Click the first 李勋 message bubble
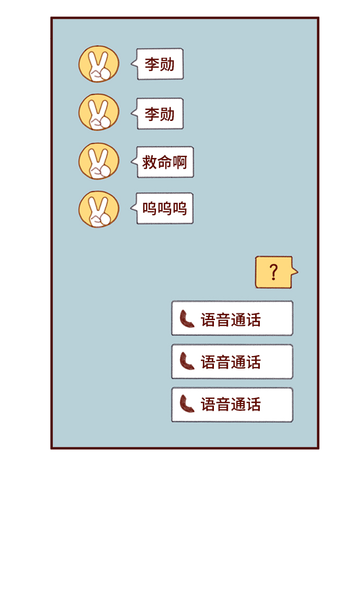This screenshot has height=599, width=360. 160,64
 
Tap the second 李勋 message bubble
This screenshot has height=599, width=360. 160,114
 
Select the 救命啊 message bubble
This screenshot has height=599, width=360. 165,162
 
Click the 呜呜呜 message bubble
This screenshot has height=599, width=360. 165,209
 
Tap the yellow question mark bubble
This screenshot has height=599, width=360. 273,272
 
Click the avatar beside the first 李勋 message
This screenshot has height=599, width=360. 99,64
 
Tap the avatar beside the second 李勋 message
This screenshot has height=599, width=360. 99,112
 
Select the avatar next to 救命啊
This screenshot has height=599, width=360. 99,161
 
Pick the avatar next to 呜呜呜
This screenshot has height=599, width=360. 99,209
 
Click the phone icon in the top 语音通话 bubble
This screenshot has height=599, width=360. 186,319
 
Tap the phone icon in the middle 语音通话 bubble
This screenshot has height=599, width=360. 186,361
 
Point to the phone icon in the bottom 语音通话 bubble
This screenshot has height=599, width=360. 186,404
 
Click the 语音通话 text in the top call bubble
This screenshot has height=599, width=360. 231,320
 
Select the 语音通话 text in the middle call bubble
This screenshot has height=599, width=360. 231,362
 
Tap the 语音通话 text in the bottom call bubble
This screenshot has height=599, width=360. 231,405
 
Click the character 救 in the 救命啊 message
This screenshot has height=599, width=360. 150,162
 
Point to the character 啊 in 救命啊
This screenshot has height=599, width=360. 180,162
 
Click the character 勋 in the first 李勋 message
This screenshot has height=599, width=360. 167,64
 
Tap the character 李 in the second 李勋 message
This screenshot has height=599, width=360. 152,114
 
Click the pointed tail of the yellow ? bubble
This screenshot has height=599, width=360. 295,272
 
